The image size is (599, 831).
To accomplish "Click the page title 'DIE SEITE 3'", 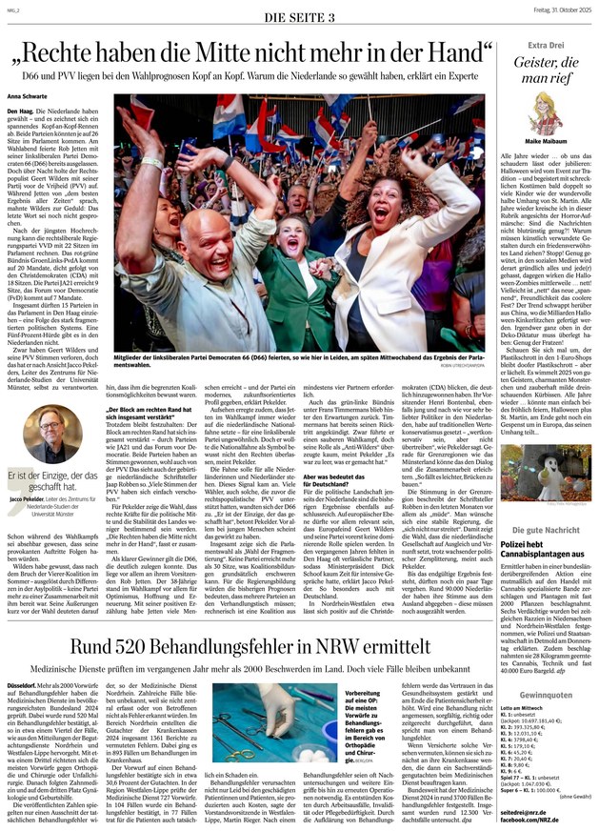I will [298, 17].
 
